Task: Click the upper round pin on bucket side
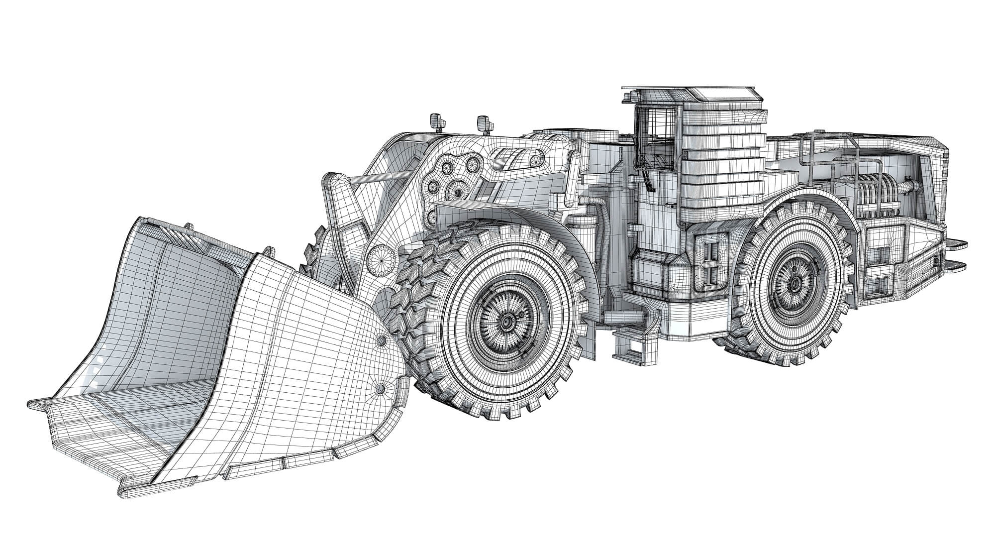382,340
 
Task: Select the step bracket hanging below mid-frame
628,345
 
